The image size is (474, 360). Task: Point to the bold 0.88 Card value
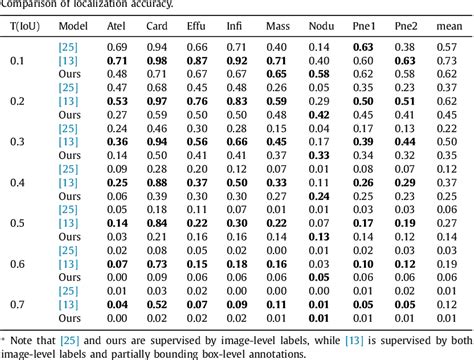click(x=158, y=182)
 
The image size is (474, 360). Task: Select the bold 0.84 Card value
click(x=158, y=222)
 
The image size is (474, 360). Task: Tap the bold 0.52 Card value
click(x=158, y=304)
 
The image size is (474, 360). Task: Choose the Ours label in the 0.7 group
click(x=69, y=318)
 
